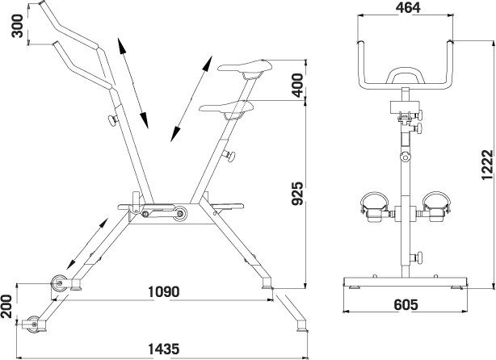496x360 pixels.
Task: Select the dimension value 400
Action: [299, 83]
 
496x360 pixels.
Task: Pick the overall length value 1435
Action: [163, 349]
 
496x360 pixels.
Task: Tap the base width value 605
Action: [406, 304]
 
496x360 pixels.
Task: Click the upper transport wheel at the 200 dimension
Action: [58, 283]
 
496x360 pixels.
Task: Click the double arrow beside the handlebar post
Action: [132, 83]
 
